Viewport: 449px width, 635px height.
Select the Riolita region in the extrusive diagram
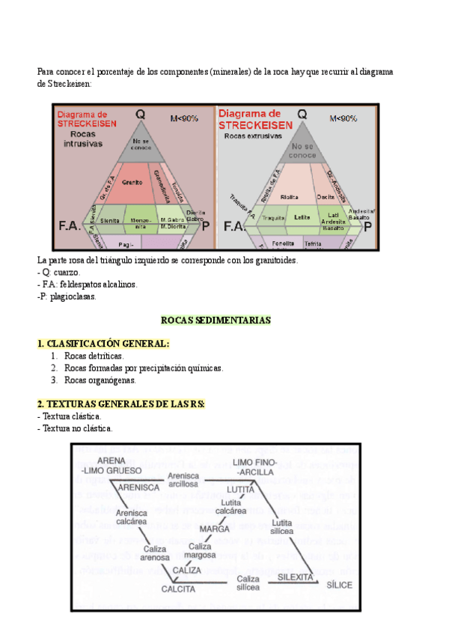click(x=290, y=197)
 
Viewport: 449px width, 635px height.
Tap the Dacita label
click(x=326, y=196)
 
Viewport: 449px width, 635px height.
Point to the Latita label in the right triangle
click(x=302, y=217)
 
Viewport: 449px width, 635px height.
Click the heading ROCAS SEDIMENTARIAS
click(x=216, y=320)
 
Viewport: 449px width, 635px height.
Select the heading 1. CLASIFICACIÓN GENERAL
click(x=103, y=343)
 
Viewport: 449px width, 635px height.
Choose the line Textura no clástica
click(x=75, y=428)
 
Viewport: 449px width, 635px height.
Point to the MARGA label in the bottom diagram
click(x=214, y=528)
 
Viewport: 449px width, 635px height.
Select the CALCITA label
click(x=179, y=589)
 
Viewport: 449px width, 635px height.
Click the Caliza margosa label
click(x=201, y=550)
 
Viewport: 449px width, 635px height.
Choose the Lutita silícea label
click(x=282, y=526)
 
